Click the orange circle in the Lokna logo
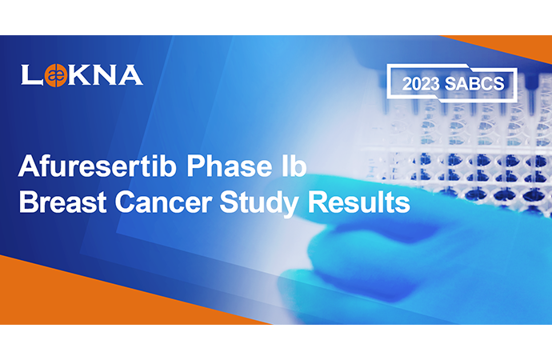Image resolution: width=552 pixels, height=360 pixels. (x=55, y=75)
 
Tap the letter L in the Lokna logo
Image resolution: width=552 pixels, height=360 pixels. (x=31, y=74)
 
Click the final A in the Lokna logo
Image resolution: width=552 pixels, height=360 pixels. (x=130, y=74)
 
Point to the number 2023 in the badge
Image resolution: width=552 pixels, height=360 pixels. (x=421, y=84)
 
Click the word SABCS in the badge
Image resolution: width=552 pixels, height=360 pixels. (x=474, y=84)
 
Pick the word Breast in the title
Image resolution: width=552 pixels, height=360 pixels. (x=62, y=202)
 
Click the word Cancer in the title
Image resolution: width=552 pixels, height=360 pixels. (x=163, y=202)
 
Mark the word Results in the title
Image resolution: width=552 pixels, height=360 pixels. (x=359, y=202)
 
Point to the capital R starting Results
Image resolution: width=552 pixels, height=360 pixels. (x=317, y=202)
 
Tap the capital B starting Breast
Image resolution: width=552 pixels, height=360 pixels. (x=27, y=202)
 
